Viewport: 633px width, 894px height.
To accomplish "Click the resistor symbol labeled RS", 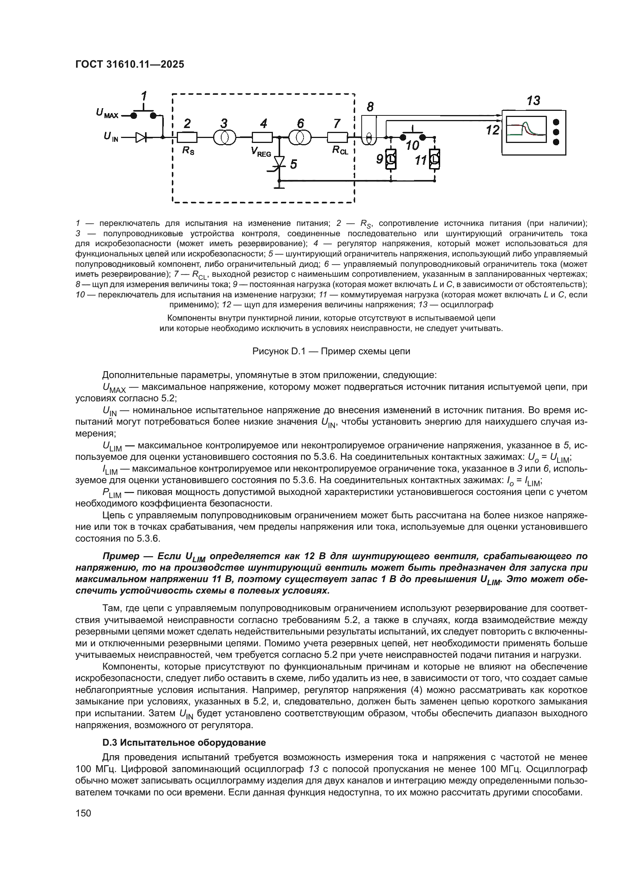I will tap(187, 138).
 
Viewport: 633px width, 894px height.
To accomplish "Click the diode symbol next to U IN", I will tap(141, 137).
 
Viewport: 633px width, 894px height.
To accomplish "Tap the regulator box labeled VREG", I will tap(262, 138).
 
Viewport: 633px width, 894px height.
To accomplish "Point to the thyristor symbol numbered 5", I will tap(279, 162).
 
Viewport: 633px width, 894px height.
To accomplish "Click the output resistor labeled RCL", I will tap(337, 138).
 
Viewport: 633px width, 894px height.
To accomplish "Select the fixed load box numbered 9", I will tap(391, 159).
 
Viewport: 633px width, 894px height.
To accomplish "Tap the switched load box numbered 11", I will tap(435, 159).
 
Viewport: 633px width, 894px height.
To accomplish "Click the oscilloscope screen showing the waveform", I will tap(526, 129).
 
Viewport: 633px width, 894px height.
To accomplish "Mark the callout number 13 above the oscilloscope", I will tap(533, 101).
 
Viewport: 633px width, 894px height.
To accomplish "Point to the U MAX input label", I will tap(107, 113).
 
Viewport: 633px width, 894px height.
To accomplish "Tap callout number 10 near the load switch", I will tap(412, 146).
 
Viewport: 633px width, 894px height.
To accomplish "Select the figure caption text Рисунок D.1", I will tap(331, 351).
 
